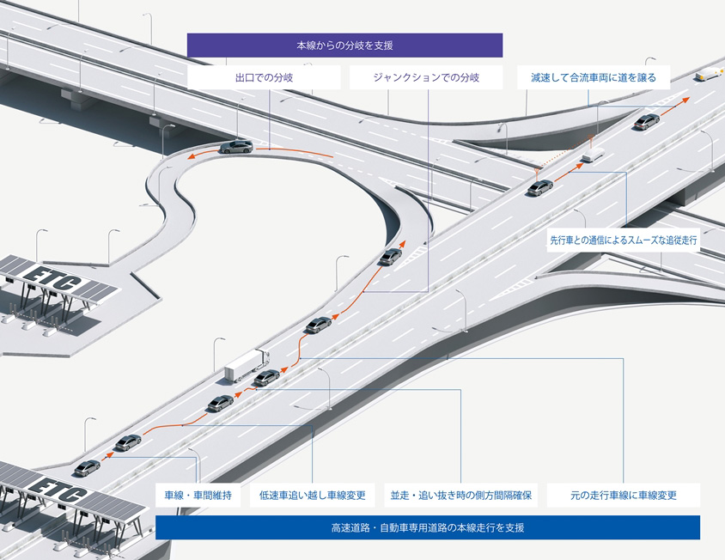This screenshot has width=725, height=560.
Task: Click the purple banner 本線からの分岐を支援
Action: pos(344,45)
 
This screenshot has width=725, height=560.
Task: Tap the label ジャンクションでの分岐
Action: pos(426,77)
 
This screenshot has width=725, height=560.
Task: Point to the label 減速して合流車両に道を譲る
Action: pos(593,77)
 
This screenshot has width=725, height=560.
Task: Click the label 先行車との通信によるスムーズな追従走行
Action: pos(624,241)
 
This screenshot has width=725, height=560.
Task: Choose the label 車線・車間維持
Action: pos(198,495)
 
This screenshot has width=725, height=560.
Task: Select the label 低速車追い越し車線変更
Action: pos(313,495)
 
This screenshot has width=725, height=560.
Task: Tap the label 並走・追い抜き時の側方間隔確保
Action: pos(461,495)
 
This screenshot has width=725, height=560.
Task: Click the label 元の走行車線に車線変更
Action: pos(624,495)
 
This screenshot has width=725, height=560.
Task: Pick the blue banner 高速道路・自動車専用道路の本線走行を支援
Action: pos(427,527)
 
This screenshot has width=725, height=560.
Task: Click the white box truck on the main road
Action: pos(246,365)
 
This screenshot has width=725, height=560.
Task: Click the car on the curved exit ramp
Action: pos(236,146)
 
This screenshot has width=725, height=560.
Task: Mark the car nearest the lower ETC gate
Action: pos(88,467)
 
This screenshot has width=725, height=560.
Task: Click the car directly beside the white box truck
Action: pos(267,377)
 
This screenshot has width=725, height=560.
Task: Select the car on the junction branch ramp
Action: pos(391,256)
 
